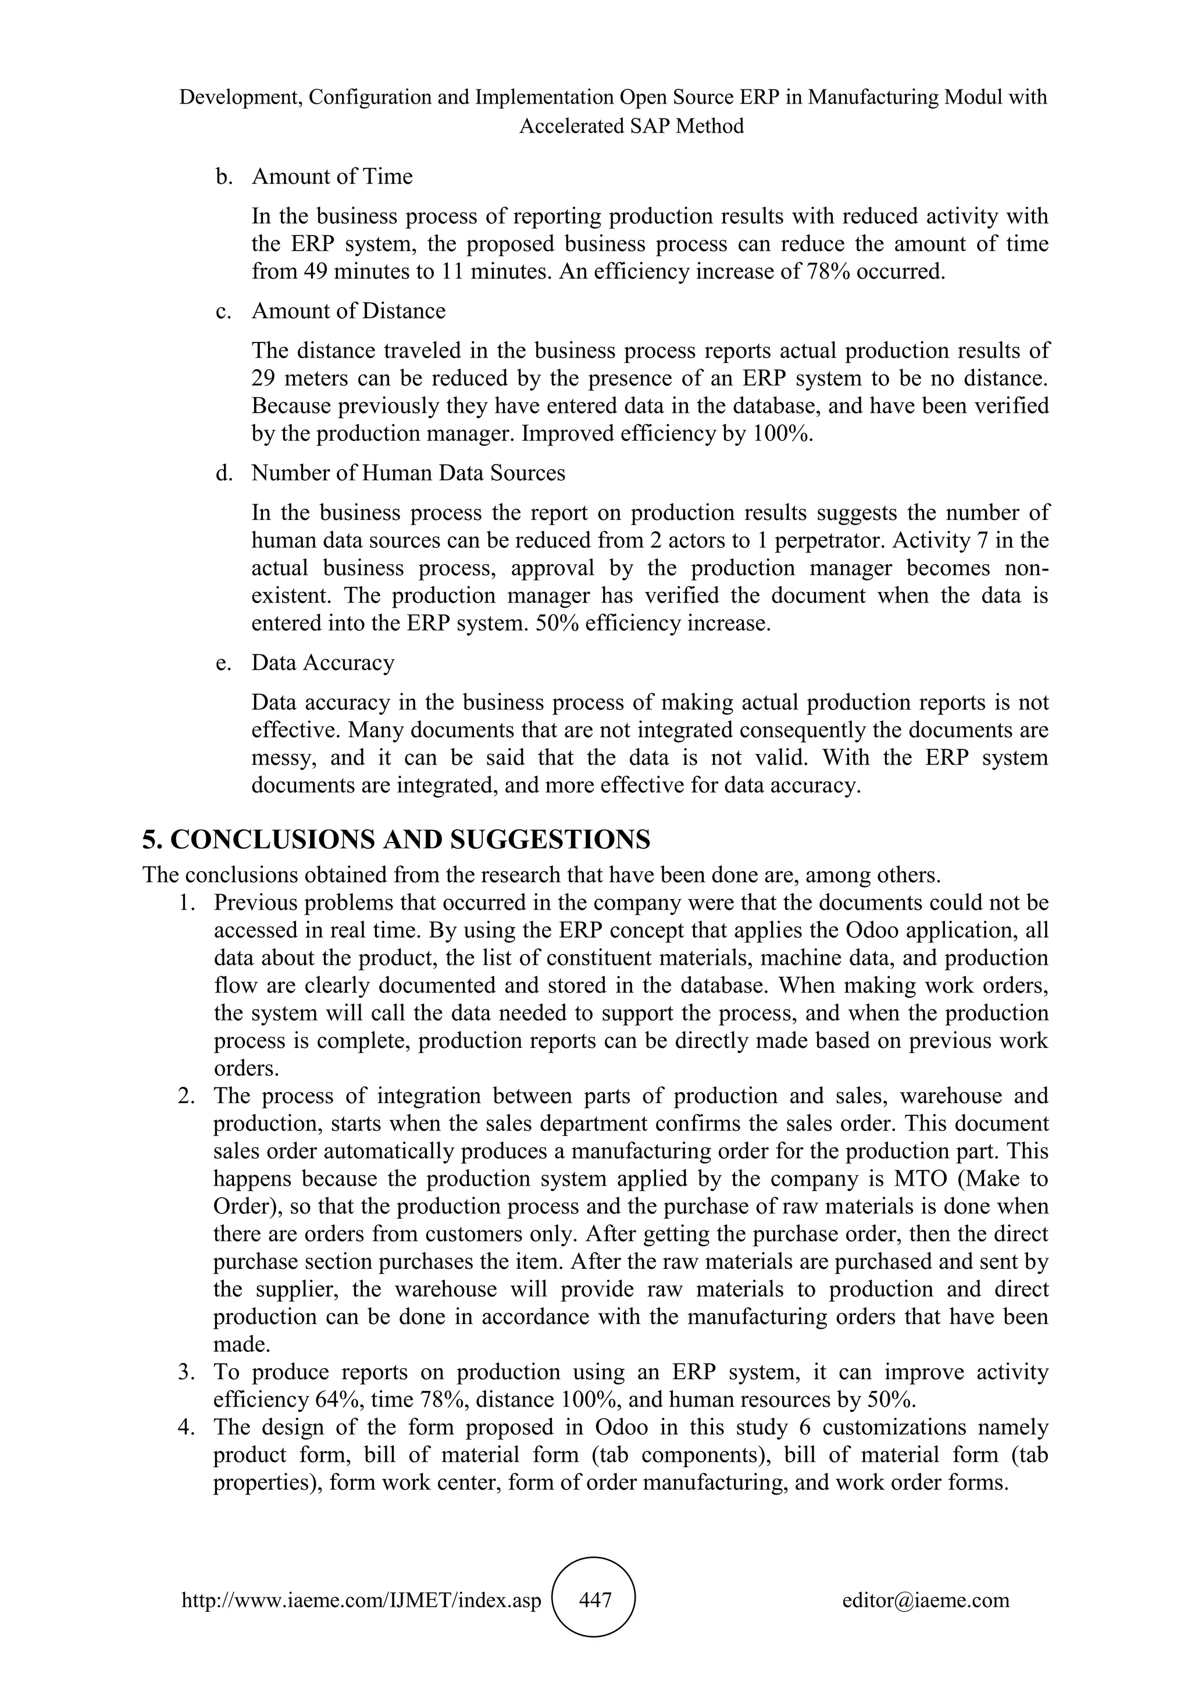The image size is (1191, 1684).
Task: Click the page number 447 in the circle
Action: (595, 1600)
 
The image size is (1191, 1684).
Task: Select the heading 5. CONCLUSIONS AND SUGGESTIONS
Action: (396, 840)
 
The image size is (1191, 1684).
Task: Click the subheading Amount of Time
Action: (331, 177)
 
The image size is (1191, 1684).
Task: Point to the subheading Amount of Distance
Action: (348, 311)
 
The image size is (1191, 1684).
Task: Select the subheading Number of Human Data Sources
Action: (408, 473)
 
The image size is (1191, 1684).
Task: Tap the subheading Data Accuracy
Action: (323, 663)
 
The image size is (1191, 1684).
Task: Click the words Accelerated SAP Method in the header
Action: (632, 126)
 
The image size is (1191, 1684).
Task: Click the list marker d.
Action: (223, 474)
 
